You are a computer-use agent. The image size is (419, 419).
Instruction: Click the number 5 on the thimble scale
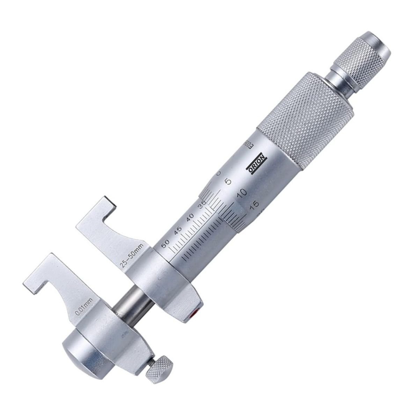point(229,181)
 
